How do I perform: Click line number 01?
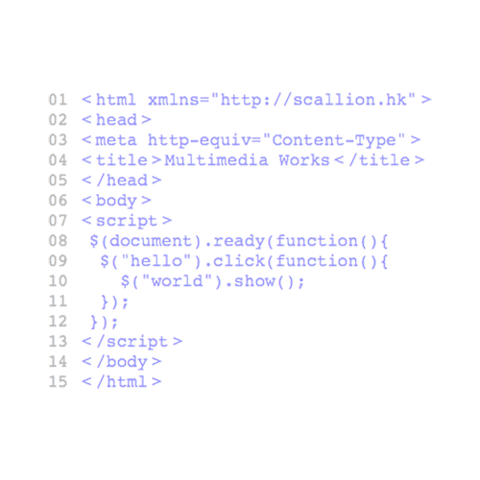click(58, 100)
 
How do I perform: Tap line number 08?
click(58, 241)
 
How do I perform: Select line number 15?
click(58, 381)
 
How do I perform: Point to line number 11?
click(58, 301)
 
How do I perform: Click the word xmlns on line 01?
click(173, 100)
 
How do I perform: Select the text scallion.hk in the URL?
click(349, 100)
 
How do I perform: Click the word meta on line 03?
click(116, 140)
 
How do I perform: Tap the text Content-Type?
click(334, 141)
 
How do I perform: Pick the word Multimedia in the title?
click(216, 160)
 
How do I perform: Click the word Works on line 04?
click(304, 160)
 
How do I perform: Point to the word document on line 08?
click(150, 241)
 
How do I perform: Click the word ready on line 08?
click(238, 242)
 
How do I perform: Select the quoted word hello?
click(156, 260)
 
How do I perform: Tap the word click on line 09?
click(239, 261)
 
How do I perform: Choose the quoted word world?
click(177, 280)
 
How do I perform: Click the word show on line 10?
click(254, 281)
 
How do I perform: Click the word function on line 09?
click(317, 261)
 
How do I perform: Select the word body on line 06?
click(116, 202)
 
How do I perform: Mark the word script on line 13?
click(137, 342)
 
